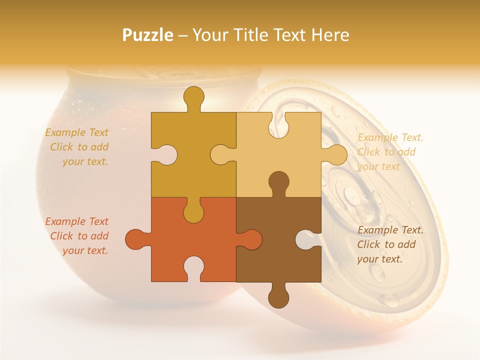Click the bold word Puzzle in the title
pos(148,35)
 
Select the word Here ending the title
pos(329,35)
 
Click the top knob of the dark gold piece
pos(193,97)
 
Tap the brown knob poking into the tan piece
pos(278,182)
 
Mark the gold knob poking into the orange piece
pos(193,212)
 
